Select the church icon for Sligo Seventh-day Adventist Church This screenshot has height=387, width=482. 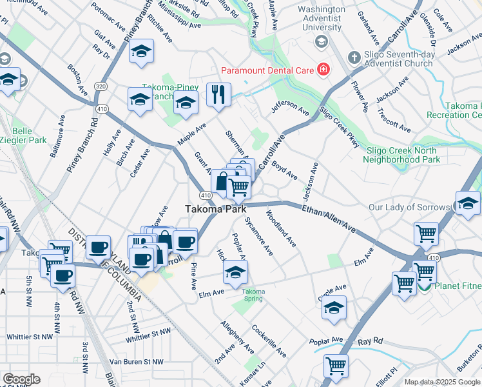coord(353,58)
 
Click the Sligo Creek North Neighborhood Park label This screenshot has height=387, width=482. coord(403,155)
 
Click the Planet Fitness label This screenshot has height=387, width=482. coord(458,286)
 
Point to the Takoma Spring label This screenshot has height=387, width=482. coord(253,295)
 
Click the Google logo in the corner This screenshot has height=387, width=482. coord(21,379)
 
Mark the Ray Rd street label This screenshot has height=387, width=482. coord(371,341)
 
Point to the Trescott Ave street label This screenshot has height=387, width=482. coord(394,121)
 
